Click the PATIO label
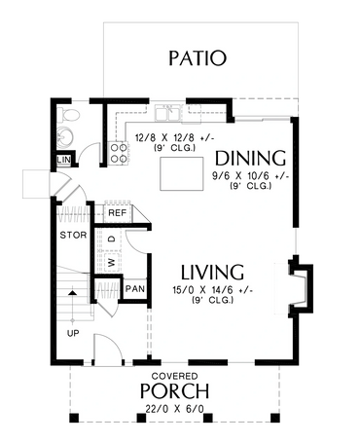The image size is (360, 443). pos(198,58)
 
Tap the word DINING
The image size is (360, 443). pos(250,159)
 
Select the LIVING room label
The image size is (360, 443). pos(212,273)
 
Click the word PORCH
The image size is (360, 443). pos(174,390)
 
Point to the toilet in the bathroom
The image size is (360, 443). pos(69,115)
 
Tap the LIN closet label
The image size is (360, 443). pos(63,160)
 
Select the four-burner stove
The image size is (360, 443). pos(119,153)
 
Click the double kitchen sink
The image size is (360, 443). pos(167,113)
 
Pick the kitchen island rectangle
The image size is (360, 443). pos(182,173)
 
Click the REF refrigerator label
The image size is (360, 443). pos(117,213)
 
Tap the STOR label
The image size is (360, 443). pos(73,235)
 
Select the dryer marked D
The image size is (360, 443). pos(112,240)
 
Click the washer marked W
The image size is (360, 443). pos(112,262)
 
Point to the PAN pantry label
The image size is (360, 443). pos(135,289)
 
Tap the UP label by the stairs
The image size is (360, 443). pos(73,333)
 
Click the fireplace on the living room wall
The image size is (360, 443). pos(301,285)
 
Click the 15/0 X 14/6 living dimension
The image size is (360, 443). pos(213,290)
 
